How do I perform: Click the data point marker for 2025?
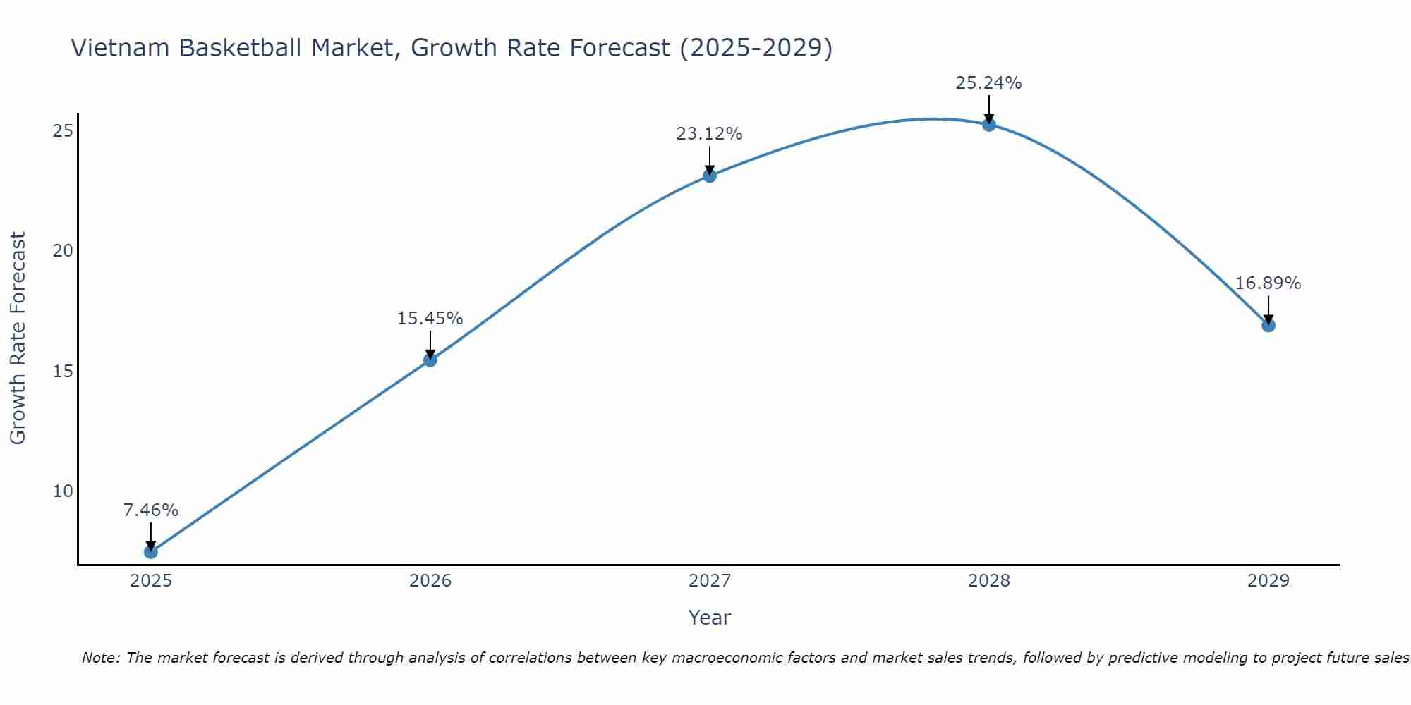click(151, 551)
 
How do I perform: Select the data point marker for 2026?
click(430, 360)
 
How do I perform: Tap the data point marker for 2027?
click(710, 176)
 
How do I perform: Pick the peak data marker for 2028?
click(989, 125)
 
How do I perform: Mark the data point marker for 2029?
click(1268, 325)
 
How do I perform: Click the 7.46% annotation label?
click(151, 510)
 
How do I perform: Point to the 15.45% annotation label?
click(430, 319)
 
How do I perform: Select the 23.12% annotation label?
click(710, 134)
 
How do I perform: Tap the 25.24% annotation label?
click(989, 83)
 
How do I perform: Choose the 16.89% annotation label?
click(1268, 283)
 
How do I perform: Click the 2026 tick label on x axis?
click(430, 581)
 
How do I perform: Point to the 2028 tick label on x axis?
click(989, 581)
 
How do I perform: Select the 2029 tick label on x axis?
click(1268, 581)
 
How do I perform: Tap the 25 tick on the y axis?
click(63, 131)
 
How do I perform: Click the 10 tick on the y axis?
click(63, 491)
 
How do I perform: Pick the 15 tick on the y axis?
click(63, 371)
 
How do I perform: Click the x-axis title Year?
click(710, 618)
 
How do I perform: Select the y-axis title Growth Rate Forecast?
click(18, 338)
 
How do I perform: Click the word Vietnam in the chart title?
click(121, 48)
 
